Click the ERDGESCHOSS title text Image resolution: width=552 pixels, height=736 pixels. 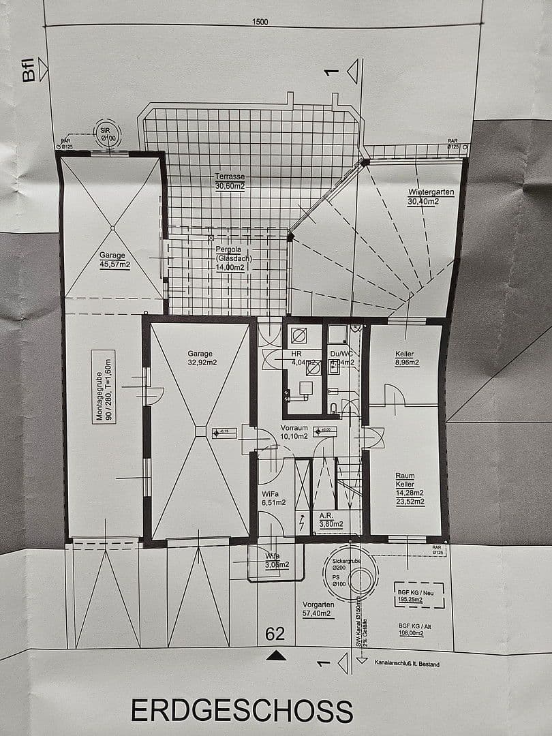point(242,710)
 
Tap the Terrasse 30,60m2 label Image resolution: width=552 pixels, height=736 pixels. point(230,181)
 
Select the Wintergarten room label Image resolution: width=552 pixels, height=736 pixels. point(431,196)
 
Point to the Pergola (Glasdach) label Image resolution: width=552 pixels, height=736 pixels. point(231,258)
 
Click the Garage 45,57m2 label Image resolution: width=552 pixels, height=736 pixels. point(114,260)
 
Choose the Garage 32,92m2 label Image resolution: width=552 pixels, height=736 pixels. point(201,358)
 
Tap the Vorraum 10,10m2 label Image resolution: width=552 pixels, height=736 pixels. point(294,432)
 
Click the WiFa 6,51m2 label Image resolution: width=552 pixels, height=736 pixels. point(273,498)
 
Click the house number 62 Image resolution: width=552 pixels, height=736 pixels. point(275,634)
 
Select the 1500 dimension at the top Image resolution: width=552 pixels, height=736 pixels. point(260,22)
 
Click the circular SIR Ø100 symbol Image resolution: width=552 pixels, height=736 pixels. point(106,134)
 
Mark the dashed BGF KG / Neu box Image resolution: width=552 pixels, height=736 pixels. point(419,595)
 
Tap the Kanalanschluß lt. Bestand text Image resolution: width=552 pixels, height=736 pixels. point(408,663)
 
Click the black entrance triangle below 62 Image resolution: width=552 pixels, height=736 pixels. point(275,656)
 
